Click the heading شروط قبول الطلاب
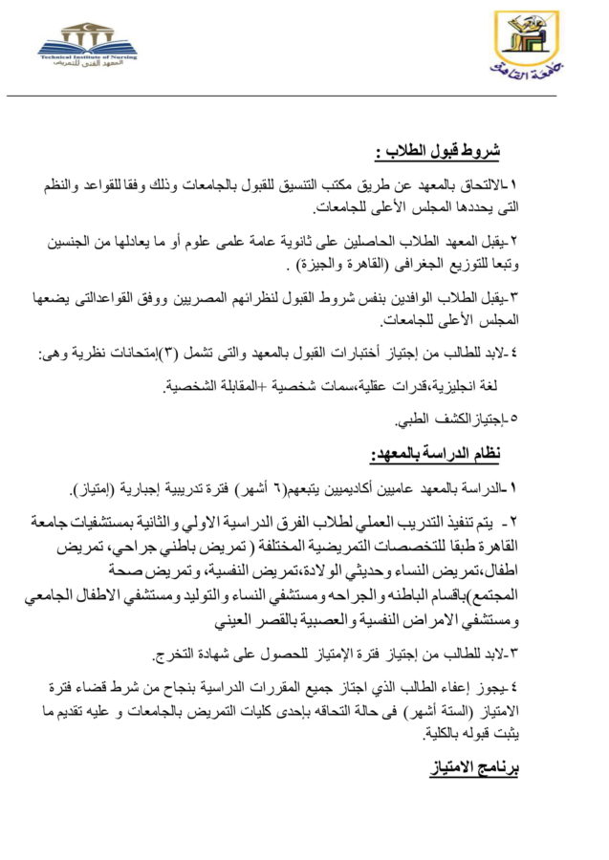(x=437, y=151)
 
